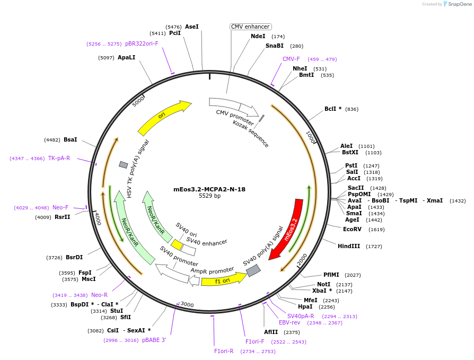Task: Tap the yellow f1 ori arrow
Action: (223, 279)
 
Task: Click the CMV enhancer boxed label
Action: (250, 27)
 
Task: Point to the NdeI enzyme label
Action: (258, 37)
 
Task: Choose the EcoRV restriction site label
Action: (352, 230)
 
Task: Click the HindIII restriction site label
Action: (349, 247)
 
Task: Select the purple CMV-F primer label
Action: (291, 59)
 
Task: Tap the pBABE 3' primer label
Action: (154, 340)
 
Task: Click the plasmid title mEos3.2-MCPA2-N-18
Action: (209, 189)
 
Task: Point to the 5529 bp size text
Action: (209, 196)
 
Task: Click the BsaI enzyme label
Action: (71, 140)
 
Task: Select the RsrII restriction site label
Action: (62, 217)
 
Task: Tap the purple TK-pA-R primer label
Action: (59, 158)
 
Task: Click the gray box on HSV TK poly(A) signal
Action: (123, 165)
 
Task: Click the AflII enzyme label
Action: (271, 332)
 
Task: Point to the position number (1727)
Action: (374, 247)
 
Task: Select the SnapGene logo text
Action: (459, 4)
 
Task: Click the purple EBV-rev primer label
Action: (289, 322)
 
